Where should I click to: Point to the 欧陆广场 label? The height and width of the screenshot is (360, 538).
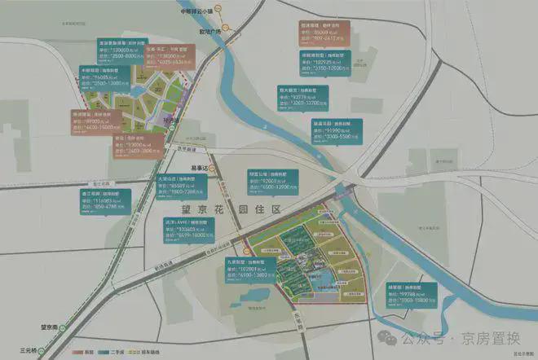point(233,34)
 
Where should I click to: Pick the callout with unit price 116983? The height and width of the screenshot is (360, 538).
point(103,201)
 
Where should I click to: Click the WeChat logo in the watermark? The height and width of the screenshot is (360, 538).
point(389,334)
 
